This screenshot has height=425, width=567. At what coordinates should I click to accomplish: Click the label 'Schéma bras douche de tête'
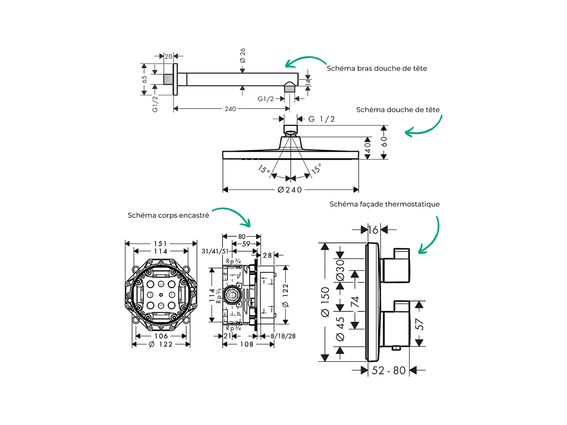coord(377,68)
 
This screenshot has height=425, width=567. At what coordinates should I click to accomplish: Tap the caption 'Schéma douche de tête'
coord(398,110)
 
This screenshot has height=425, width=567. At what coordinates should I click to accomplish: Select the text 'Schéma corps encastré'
coord(168,215)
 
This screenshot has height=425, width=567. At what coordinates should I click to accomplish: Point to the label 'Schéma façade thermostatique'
coord(384,204)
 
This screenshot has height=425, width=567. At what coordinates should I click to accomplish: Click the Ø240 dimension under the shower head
coord(290,190)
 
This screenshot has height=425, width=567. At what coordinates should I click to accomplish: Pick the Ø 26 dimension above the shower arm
coord(243,56)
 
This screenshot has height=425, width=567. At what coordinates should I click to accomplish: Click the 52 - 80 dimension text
coord(389,370)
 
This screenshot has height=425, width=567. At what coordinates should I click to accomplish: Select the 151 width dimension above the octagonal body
coord(161,243)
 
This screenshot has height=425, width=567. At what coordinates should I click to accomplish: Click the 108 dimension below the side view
coord(245,344)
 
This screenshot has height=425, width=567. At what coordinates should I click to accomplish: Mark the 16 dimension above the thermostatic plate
coord(373,230)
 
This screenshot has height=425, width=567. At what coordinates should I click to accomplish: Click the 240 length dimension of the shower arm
coord(230,109)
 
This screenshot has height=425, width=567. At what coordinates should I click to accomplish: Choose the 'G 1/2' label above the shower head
coord(322,119)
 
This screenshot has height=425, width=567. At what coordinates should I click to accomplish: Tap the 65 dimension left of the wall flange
coord(145,79)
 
